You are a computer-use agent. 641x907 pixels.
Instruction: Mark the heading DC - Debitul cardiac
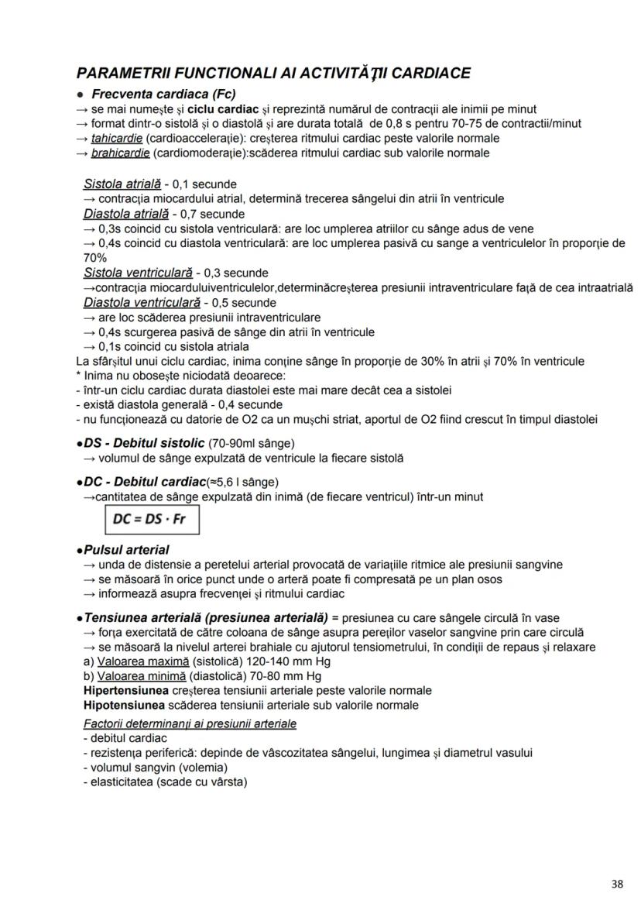[x=144, y=482]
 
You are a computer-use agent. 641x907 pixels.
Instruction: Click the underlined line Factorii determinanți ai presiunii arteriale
[x=190, y=723]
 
